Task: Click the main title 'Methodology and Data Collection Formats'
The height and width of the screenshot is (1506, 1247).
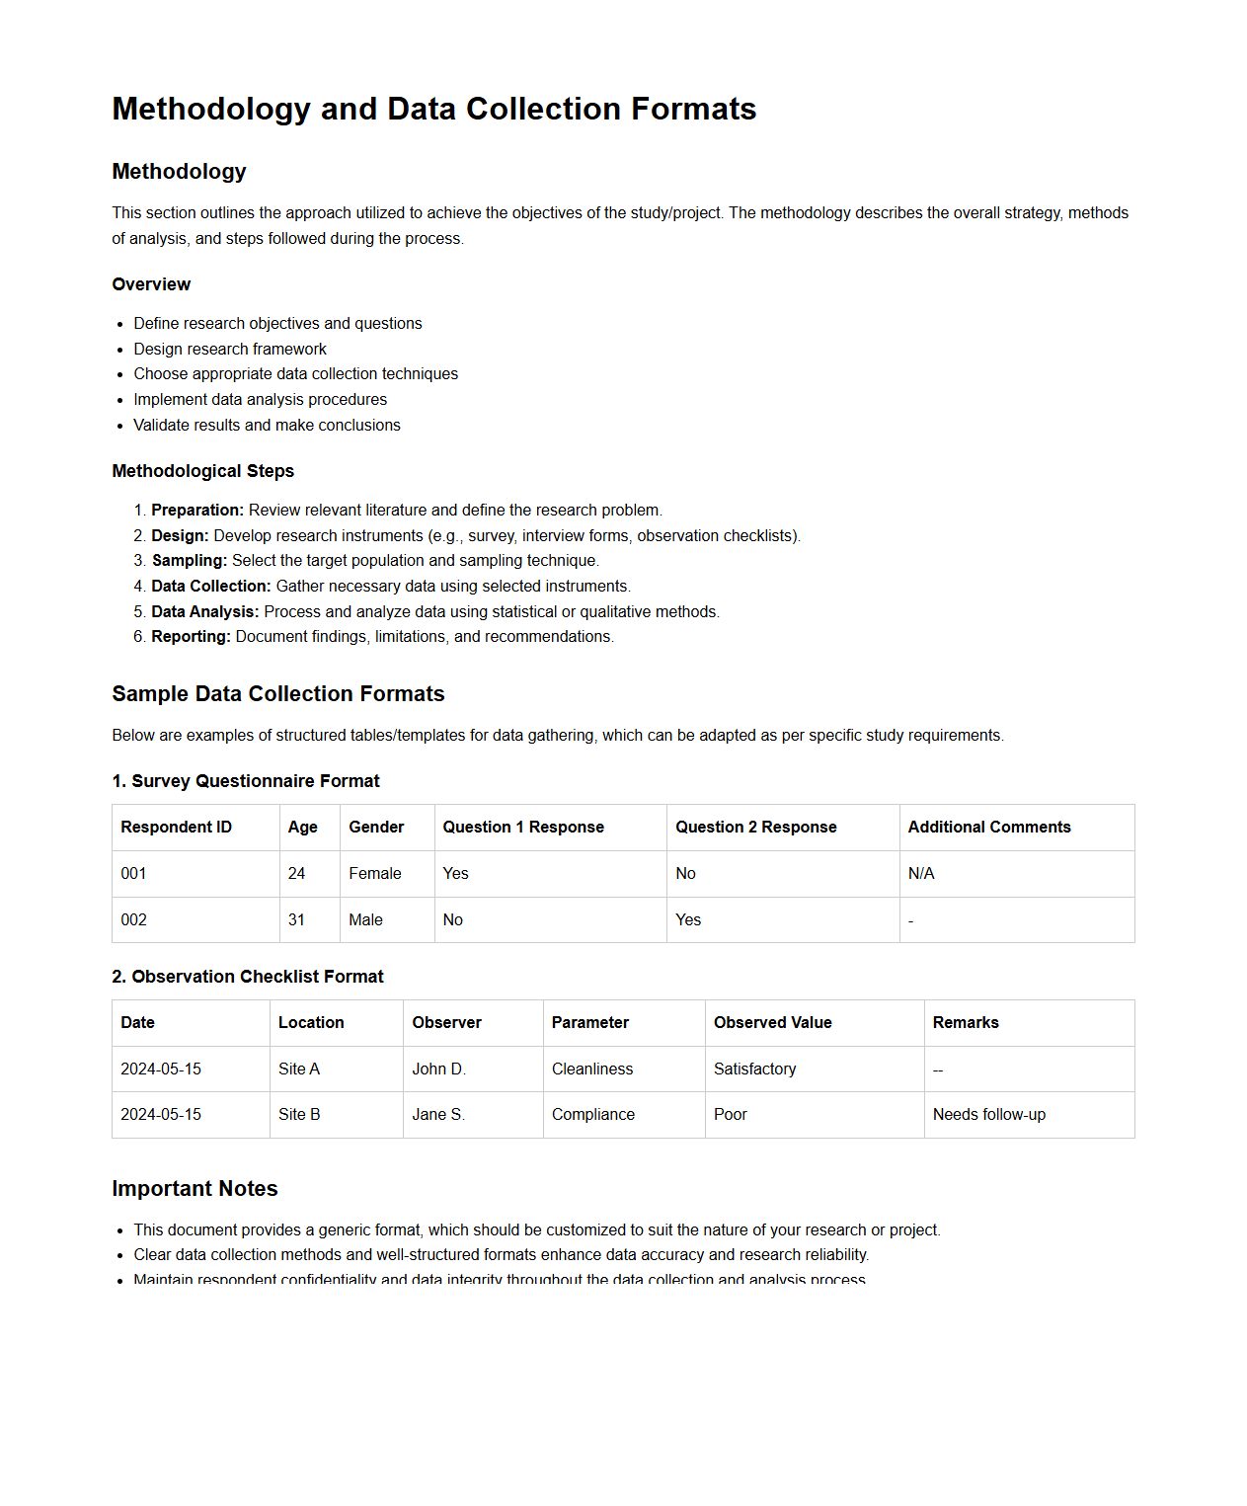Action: click(x=433, y=109)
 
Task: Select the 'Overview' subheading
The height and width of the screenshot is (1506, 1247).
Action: click(x=151, y=284)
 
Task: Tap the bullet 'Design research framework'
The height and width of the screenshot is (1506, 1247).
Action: click(x=230, y=349)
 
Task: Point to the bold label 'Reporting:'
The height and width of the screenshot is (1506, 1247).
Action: click(x=191, y=637)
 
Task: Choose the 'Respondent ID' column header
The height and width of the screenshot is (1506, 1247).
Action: click(x=176, y=828)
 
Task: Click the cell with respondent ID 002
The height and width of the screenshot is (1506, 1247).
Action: click(x=133, y=920)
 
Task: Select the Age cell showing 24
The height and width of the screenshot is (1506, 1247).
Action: click(x=296, y=874)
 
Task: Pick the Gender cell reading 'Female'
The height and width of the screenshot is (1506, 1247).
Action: click(x=374, y=874)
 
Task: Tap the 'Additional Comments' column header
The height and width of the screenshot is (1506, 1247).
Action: click(x=988, y=828)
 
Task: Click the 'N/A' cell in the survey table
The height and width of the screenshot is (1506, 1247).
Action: click(x=920, y=874)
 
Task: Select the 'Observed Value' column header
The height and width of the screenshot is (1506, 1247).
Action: click(x=772, y=1023)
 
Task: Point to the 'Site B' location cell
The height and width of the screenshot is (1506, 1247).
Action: click(x=299, y=1115)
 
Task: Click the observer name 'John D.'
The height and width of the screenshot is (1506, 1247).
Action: click(x=438, y=1070)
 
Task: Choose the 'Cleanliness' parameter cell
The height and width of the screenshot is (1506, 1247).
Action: click(x=592, y=1070)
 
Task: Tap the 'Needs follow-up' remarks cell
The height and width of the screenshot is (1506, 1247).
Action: click(x=988, y=1115)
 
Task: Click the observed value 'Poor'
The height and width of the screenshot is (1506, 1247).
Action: click(x=730, y=1115)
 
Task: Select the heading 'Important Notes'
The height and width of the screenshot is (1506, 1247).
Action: click(x=195, y=1189)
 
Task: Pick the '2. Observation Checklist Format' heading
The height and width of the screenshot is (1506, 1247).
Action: click(x=247, y=977)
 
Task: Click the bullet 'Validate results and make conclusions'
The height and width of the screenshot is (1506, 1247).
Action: click(x=267, y=426)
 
